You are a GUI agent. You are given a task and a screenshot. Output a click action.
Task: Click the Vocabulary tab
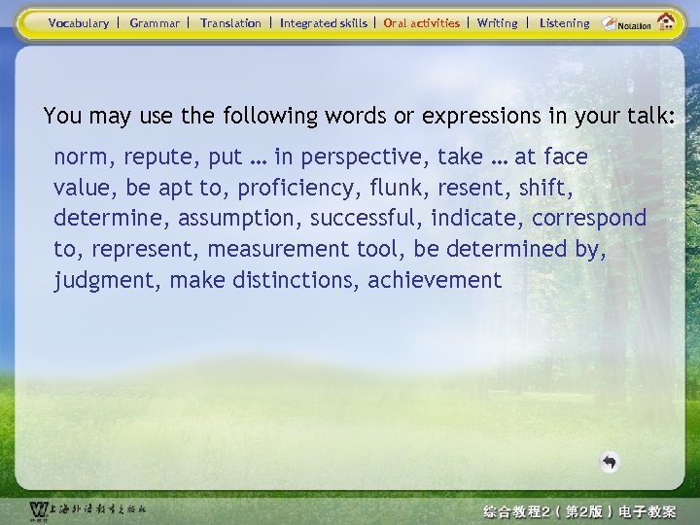[x=79, y=22]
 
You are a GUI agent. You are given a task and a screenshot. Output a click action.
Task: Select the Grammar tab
[x=155, y=22]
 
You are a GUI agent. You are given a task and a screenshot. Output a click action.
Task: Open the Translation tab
[x=230, y=22]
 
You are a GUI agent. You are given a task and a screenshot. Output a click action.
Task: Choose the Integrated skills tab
[x=324, y=22]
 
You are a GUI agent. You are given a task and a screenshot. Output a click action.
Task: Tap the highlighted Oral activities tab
[x=422, y=22]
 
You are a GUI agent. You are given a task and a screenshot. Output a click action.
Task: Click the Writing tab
[x=498, y=22]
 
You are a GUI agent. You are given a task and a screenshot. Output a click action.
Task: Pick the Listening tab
[x=565, y=22]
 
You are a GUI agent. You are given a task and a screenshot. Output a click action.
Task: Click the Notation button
[x=627, y=23]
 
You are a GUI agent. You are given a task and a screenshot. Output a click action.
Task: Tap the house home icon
[x=667, y=21]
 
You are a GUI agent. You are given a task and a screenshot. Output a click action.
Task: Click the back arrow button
[x=609, y=463]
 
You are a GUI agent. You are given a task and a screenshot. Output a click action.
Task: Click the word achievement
[x=435, y=281]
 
